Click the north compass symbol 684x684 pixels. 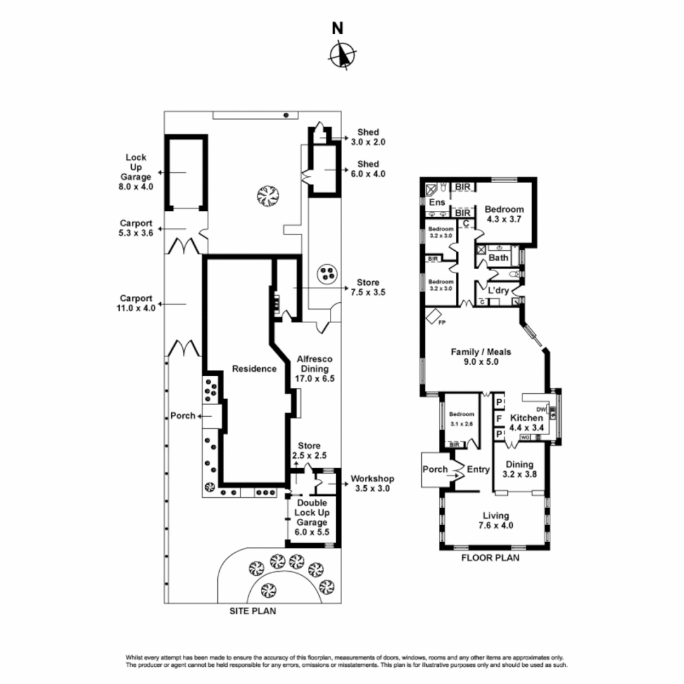(342, 54)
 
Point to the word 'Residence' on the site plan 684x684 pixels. (254, 369)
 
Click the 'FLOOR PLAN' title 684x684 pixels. (490, 558)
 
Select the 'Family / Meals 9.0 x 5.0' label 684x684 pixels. (481, 357)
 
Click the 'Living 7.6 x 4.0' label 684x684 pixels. (496, 520)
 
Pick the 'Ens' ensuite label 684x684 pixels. (436, 203)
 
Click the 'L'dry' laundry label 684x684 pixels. (498, 290)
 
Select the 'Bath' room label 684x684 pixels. (498, 258)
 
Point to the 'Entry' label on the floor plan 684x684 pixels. (478, 469)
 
